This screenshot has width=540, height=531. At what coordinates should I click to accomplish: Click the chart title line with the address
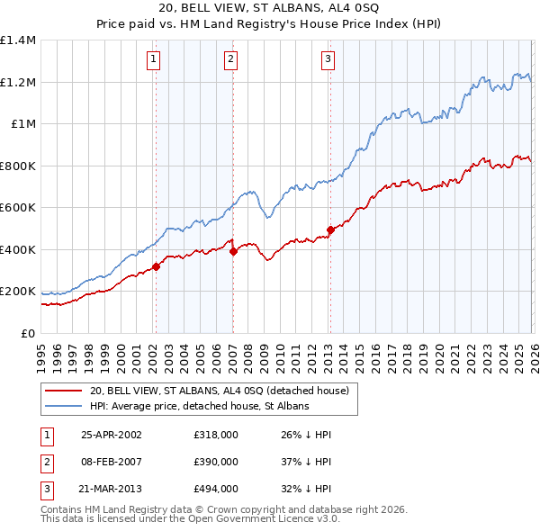click(x=269, y=8)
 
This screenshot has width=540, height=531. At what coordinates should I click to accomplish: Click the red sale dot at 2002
click(x=156, y=266)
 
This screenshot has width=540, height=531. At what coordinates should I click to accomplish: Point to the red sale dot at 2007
click(x=232, y=252)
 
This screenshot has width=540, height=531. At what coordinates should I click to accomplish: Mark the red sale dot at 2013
click(x=329, y=230)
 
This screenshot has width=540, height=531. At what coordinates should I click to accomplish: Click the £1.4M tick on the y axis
click(x=18, y=40)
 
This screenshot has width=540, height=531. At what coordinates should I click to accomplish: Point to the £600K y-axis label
click(x=18, y=208)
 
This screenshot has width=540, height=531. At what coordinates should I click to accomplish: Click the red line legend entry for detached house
click(x=225, y=391)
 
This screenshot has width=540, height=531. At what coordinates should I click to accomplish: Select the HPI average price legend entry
click(x=199, y=406)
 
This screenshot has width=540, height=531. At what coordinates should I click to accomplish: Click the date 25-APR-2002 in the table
click(x=112, y=435)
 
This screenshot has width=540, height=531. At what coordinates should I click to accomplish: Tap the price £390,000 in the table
click(x=215, y=462)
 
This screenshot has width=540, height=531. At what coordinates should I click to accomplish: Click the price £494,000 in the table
click(x=215, y=489)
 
